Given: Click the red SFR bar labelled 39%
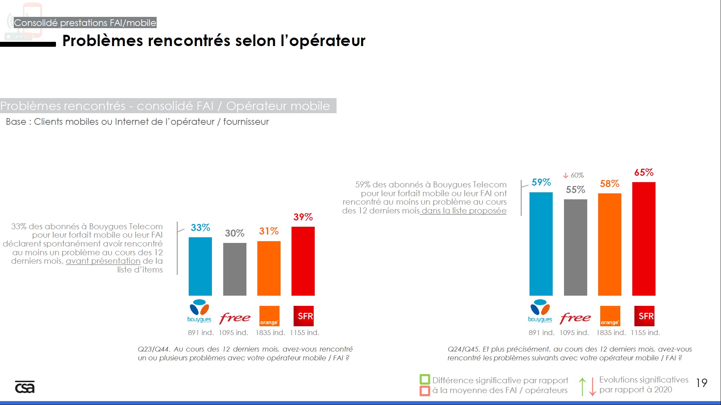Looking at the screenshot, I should pyautogui.click(x=303, y=261).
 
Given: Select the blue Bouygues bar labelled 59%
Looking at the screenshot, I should pyautogui.click(x=541, y=244).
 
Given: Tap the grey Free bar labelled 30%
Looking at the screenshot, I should pyautogui.click(x=234, y=269).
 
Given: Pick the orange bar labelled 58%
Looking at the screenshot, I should pyautogui.click(x=609, y=244).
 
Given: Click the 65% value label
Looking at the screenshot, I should pyautogui.click(x=644, y=173).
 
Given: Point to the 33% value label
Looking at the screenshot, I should pyautogui.click(x=200, y=228).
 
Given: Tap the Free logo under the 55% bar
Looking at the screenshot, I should pyautogui.click(x=575, y=318).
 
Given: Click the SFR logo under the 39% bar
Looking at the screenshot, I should pyautogui.click(x=303, y=316).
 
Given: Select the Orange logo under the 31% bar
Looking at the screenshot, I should pyautogui.click(x=269, y=316).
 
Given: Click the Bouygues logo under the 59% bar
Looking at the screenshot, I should pyautogui.click(x=540, y=311).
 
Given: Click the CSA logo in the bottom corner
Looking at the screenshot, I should pyautogui.click(x=25, y=387).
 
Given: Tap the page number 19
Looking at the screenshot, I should pyautogui.click(x=701, y=383).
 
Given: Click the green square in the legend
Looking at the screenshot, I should pyautogui.click(x=425, y=379).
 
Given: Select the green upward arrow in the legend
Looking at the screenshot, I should pyautogui.click(x=582, y=386).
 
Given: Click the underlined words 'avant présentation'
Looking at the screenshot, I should pyautogui.click(x=103, y=261).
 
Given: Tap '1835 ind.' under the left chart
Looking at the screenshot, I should pyautogui.click(x=270, y=333).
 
